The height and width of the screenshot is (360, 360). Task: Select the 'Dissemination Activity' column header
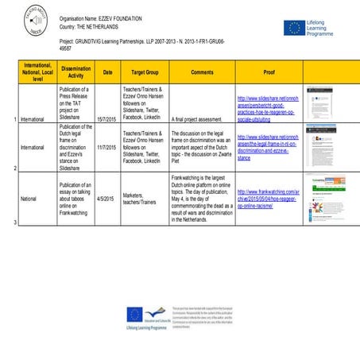click(x=75, y=71)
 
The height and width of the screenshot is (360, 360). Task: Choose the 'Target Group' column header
click(x=143, y=71)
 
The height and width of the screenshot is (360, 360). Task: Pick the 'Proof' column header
click(x=269, y=71)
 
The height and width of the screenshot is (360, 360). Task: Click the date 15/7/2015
click(x=106, y=118)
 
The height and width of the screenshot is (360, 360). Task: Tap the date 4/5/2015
click(x=106, y=199)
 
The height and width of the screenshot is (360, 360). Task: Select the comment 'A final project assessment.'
click(x=192, y=118)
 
